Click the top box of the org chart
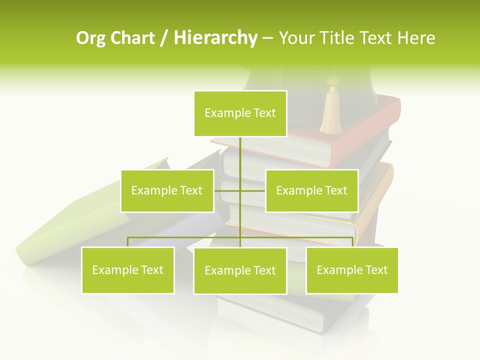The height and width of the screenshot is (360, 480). pos(240,113)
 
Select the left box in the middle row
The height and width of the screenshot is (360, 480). pos(167,190)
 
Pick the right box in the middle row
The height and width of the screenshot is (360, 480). pos(311,190)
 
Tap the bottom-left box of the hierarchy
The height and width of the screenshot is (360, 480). pos(128,270)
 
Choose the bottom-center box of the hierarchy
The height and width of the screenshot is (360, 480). pos(240,270)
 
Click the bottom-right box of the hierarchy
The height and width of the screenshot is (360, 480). pos(352,270)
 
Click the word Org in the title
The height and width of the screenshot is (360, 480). pos(90,38)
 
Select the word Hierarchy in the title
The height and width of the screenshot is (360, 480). pos(215,38)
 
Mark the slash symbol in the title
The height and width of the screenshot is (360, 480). pos(164,38)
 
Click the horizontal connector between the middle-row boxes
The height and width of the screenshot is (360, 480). pos(240,190)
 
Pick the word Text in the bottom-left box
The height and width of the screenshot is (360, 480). pos(151,270)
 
